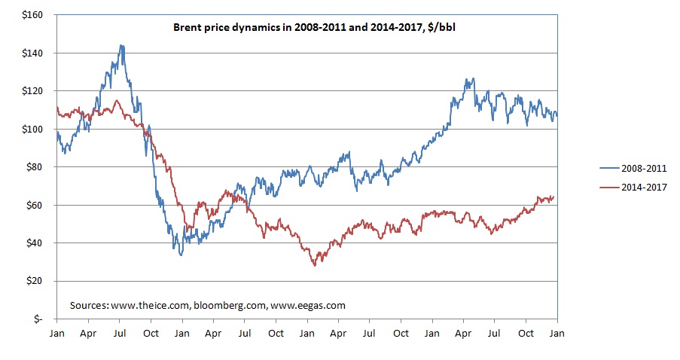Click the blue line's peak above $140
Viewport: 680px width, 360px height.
coord(121,45)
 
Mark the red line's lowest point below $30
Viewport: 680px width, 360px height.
coord(315,264)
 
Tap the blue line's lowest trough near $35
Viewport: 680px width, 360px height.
coord(181,255)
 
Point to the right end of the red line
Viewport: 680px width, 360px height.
coord(554,197)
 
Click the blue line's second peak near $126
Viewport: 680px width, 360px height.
coord(470,78)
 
